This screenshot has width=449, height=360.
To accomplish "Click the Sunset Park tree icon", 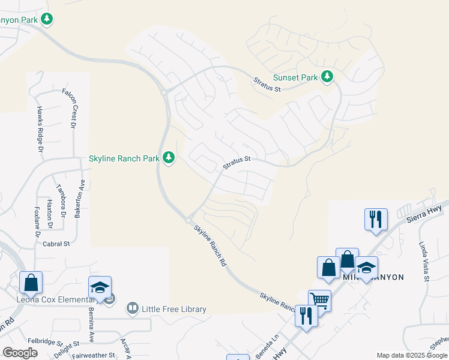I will click(x=327, y=77).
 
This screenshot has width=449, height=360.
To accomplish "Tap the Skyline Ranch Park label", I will click(x=125, y=158).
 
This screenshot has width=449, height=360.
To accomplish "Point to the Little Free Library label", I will click(x=174, y=310).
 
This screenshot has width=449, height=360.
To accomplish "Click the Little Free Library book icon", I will click(x=132, y=309).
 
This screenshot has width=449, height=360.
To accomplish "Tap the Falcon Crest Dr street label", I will click(x=71, y=108).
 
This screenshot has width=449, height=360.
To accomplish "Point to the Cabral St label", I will click(x=57, y=244).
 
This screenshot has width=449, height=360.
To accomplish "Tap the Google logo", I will click(x=20, y=353).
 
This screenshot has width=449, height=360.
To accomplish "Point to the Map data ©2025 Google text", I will click(x=411, y=355).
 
